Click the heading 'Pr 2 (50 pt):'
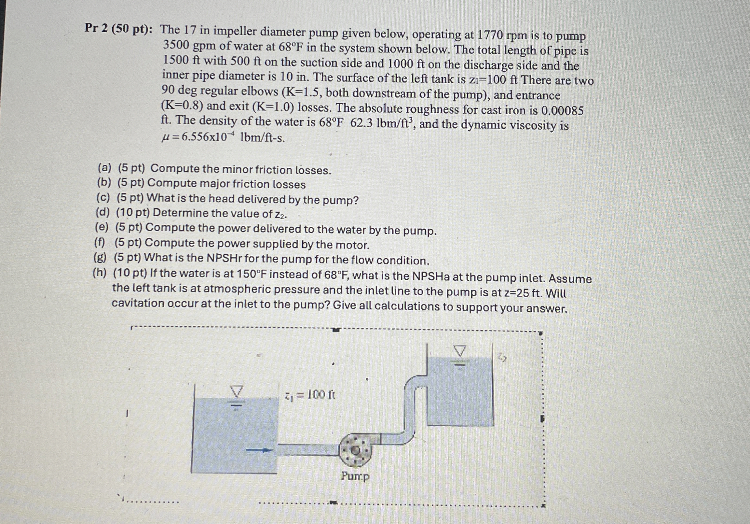tap(118, 29)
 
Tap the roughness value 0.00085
tap(562, 111)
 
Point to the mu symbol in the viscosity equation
tap(166, 138)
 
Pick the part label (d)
tap(102, 212)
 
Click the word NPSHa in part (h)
tap(431, 276)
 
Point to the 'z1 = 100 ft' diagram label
tap(310, 396)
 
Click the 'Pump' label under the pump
tap(355, 476)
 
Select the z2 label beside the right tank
tap(502, 358)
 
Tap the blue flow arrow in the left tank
tap(259, 450)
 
